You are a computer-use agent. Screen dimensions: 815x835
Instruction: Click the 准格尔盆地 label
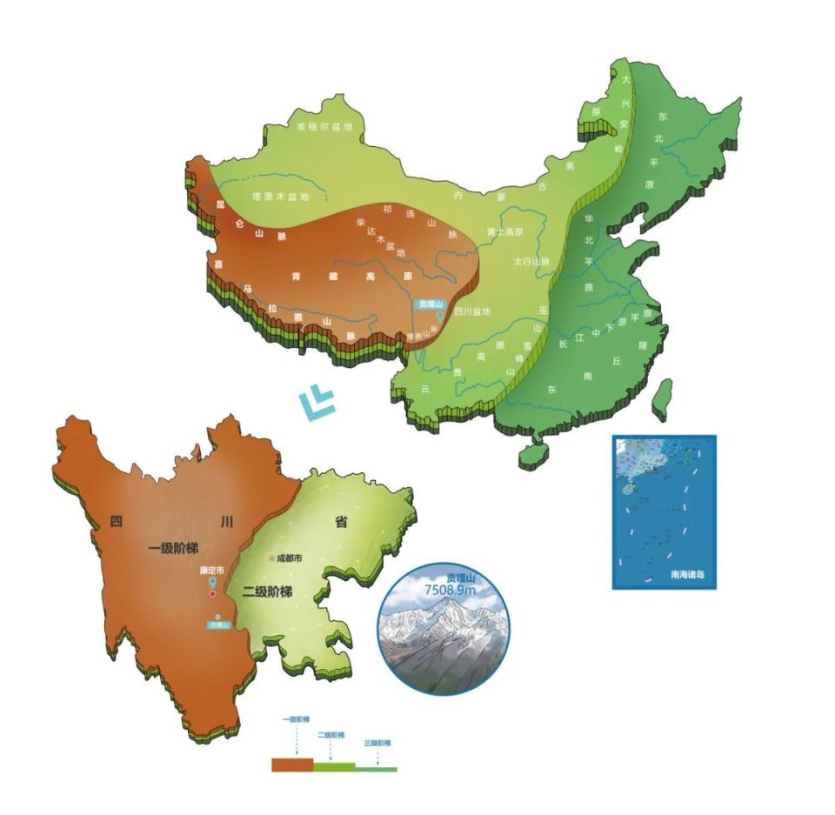point(325,127)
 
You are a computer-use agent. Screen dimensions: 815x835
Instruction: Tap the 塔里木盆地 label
point(280,197)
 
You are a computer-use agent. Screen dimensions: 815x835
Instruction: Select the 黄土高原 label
point(505,231)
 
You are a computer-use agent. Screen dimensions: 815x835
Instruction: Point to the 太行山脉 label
point(531,261)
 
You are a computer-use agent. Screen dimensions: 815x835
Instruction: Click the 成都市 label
point(289,558)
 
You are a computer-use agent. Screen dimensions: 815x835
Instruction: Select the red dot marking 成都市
point(271,558)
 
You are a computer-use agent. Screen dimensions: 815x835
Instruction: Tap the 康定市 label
point(211,571)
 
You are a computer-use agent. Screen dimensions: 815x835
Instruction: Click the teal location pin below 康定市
point(213,582)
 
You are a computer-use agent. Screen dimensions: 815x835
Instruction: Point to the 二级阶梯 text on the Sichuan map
point(267,592)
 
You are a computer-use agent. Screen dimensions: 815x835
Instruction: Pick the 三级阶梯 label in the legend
point(377,744)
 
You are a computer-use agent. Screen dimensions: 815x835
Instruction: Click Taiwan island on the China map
point(662,397)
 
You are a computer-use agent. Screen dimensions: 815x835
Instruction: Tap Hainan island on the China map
point(532,455)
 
